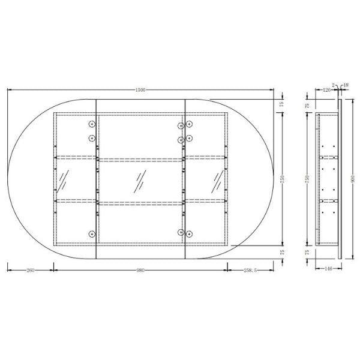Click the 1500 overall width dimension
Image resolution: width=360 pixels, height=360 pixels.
click(140, 90)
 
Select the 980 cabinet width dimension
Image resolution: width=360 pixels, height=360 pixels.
click(140, 270)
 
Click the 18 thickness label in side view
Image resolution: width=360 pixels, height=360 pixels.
click(346, 85)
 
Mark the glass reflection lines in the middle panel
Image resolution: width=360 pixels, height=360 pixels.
click(140, 179)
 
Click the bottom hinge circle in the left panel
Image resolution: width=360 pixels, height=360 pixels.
click(92, 233)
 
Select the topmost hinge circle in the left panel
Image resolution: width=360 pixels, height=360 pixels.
click(92, 125)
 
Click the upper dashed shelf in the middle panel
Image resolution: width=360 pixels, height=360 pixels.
click(140, 160)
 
